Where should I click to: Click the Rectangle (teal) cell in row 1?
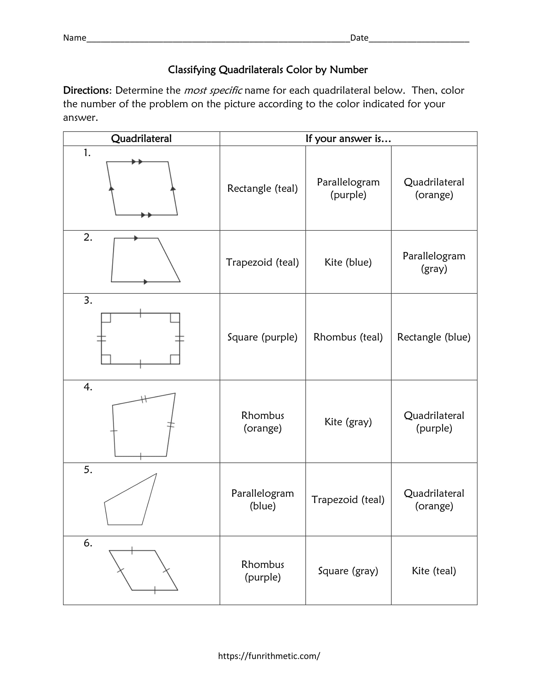click(262, 188)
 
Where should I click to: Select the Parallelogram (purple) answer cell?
click(348, 188)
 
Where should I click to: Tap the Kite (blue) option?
click(348, 262)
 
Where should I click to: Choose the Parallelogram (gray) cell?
click(434, 262)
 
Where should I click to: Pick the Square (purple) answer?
click(262, 337)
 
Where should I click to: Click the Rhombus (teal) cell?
click(348, 337)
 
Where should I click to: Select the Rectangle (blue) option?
click(434, 337)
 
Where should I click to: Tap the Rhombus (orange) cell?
click(262, 421)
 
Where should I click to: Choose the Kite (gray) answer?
click(348, 421)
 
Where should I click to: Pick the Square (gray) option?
click(348, 571)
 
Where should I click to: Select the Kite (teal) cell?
click(434, 571)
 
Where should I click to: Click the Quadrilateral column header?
click(141, 139)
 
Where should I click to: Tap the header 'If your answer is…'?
click(348, 139)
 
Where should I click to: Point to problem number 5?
click(88, 470)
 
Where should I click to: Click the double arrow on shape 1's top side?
click(137, 162)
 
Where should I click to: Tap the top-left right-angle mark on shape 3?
click(106, 318)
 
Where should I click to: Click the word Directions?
click(86, 90)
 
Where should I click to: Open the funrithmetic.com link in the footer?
click(269, 656)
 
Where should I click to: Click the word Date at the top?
click(359, 38)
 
